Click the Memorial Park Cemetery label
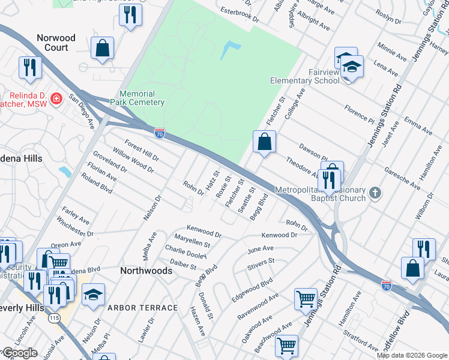(x=142, y=98)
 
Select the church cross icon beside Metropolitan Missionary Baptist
(x=375, y=193)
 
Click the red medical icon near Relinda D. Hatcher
(x=56, y=98)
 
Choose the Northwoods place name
(x=146, y=271)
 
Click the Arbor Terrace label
(x=143, y=308)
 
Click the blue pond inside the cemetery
(x=230, y=50)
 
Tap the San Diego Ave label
(x=81, y=111)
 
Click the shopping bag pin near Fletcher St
(x=264, y=142)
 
